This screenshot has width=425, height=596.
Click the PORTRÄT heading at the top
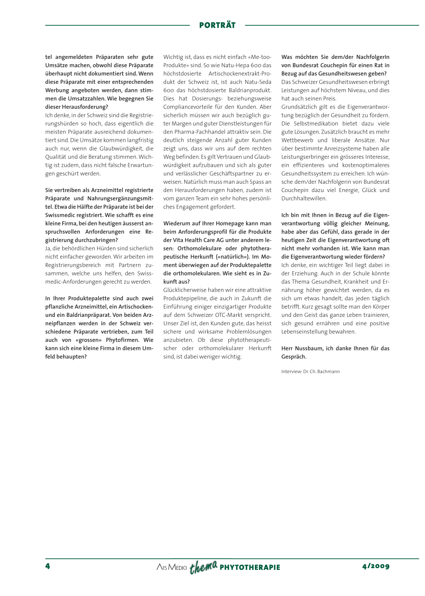[x=217, y=25]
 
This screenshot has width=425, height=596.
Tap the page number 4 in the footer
[x=48, y=566]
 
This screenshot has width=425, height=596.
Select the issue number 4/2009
[x=376, y=566]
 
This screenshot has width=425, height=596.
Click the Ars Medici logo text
[x=171, y=567]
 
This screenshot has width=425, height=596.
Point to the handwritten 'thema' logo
[x=203, y=567]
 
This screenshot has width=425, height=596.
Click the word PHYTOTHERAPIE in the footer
[x=250, y=567]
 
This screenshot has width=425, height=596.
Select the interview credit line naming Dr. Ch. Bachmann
[x=310, y=372]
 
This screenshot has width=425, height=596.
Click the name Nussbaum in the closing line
[x=310, y=348]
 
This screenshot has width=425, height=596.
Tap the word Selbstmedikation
[x=316, y=124]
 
